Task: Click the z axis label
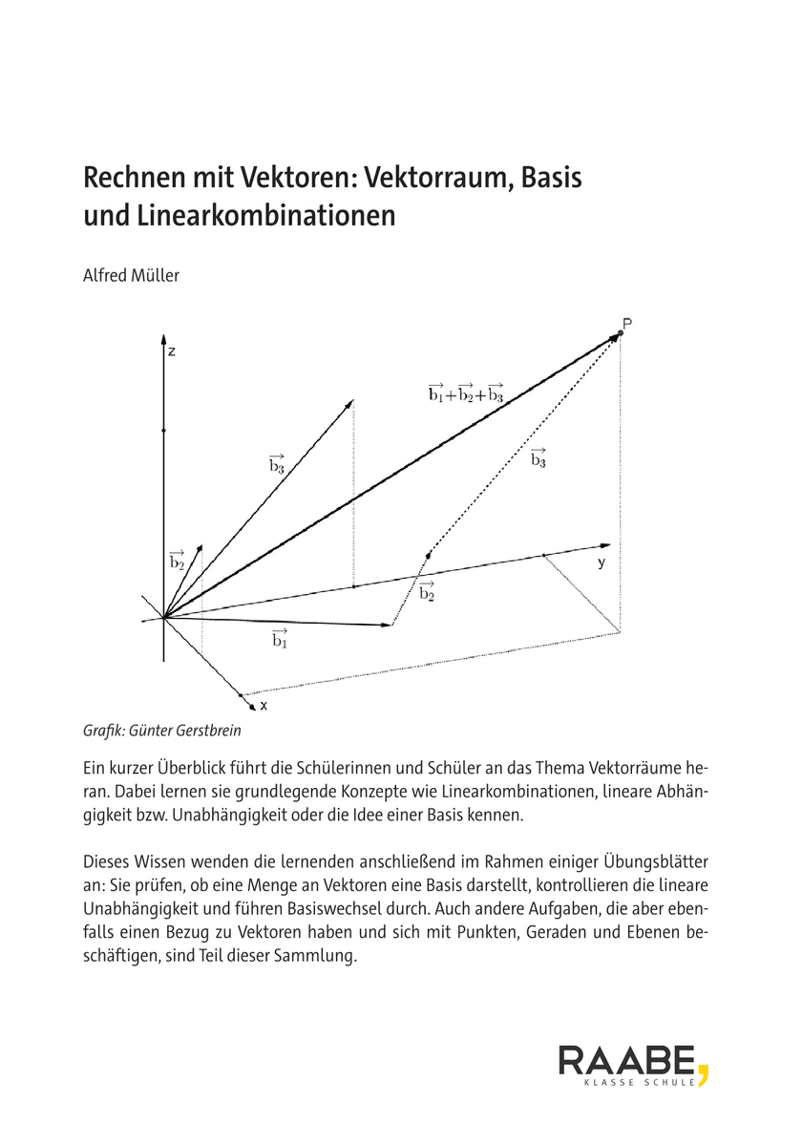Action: coord(172,351)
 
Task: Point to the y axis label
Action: coord(601,562)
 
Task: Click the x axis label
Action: coord(264,706)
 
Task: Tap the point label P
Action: coord(627,324)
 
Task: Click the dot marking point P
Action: coord(621,333)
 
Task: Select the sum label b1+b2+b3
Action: coord(466,392)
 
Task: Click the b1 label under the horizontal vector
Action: coord(280,639)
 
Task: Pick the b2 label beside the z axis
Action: coord(177,561)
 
